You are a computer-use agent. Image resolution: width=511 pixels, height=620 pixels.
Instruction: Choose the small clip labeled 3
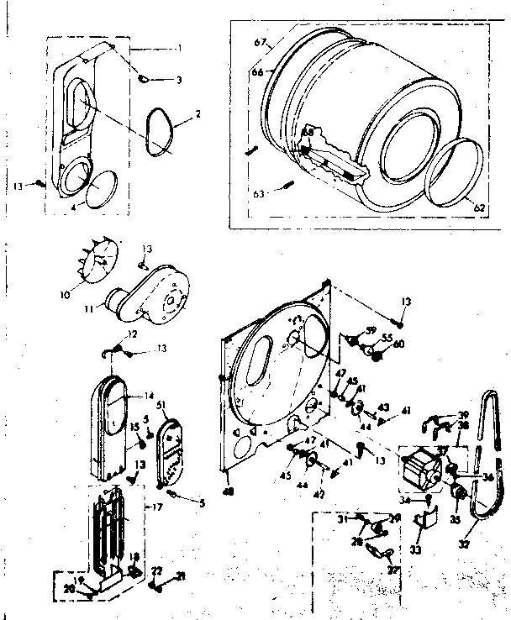point(145,78)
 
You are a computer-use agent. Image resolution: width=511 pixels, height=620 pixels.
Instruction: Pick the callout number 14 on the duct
point(148,395)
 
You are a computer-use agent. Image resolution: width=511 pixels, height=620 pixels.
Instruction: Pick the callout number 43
point(384,407)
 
